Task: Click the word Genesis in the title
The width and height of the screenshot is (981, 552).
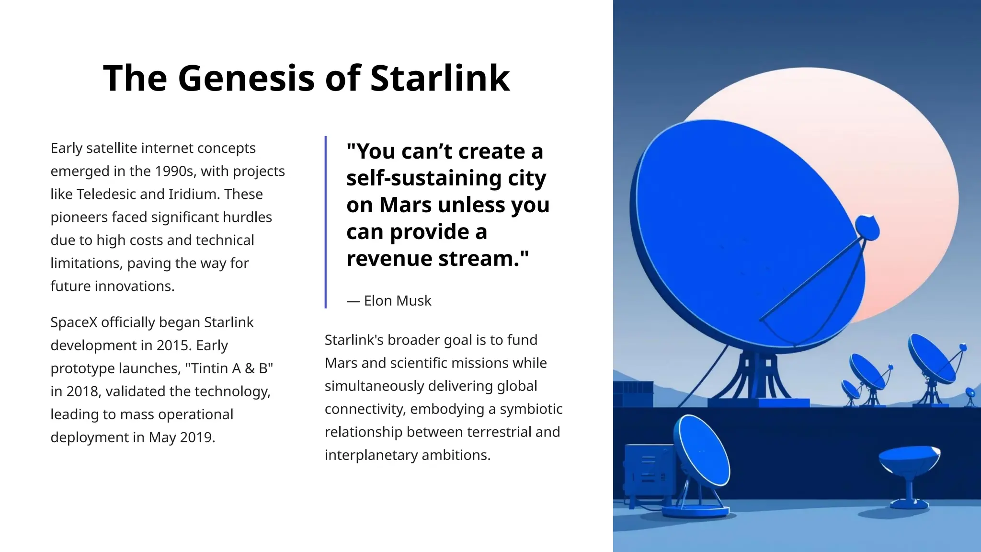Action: pyautogui.click(x=246, y=78)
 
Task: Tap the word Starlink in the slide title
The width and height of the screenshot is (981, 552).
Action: pyautogui.click(x=440, y=78)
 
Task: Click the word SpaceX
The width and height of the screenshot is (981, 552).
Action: pyautogui.click(x=74, y=322)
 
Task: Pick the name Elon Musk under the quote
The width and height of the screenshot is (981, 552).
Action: pyautogui.click(x=397, y=301)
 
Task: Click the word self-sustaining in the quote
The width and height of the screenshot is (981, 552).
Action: pyautogui.click(x=417, y=178)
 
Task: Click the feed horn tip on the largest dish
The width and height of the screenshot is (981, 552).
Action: pyautogui.click(x=867, y=228)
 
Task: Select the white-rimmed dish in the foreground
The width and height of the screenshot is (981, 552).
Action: pyautogui.click(x=702, y=450)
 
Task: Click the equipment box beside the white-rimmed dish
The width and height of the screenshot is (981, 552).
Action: pyautogui.click(x=649, y=470)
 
